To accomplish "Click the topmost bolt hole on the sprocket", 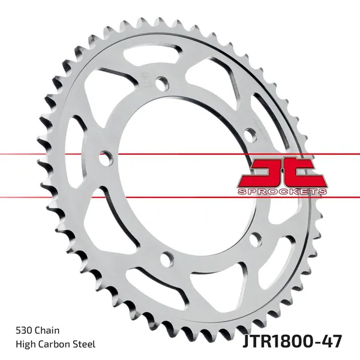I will point(161,83).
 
